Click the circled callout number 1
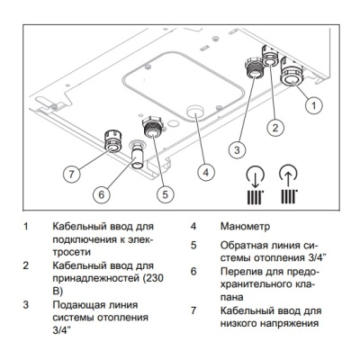coord(312,106)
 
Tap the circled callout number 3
coord(237,148)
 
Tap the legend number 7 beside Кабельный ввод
coord(192,310)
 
